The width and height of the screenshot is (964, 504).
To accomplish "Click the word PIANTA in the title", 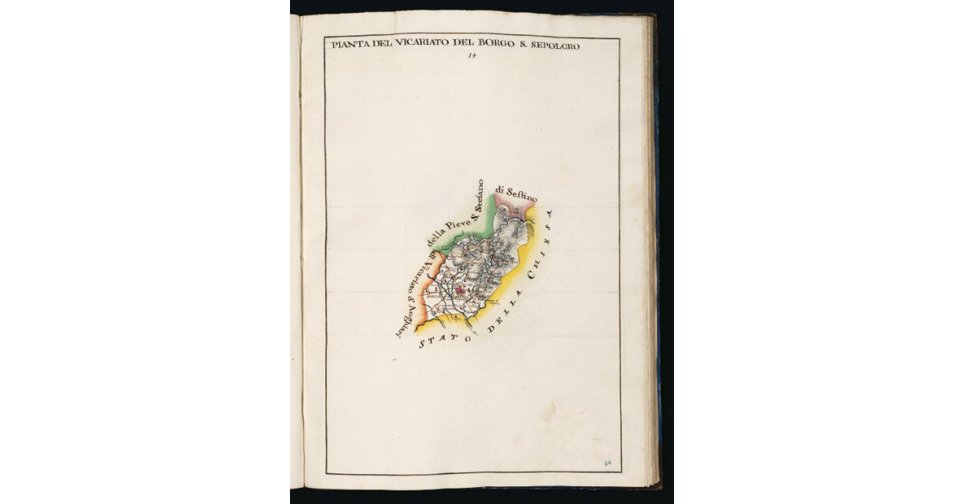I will [x=349, y=45].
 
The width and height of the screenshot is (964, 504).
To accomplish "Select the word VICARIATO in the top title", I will [x=414, y=45].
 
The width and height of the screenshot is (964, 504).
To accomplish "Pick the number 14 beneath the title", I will [x=472, y=56].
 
